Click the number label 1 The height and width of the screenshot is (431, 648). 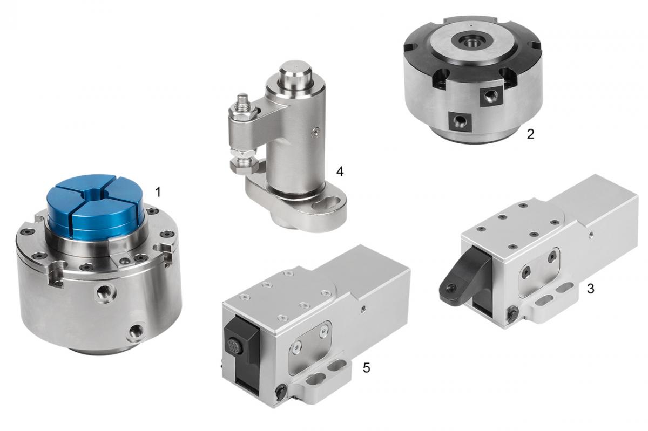158,192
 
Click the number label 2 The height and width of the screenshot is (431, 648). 530,134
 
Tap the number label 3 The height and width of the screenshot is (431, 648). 590,289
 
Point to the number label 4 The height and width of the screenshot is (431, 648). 340,172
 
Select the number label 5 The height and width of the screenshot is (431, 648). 366,368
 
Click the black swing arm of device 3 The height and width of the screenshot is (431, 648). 463,274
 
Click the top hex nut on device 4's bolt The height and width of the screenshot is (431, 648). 242,112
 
